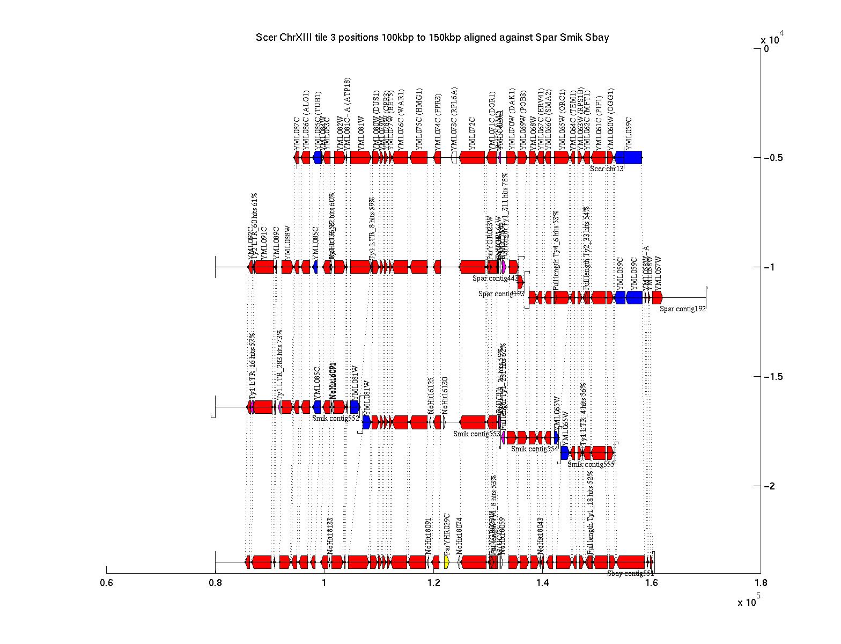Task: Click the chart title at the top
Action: [x=432, y=38]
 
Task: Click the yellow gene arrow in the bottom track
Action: [x=447, y=562]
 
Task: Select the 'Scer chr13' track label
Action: [x=607, y=169]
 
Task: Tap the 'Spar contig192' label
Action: [x=682, y=309]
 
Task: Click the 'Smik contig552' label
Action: [x=335, y=418]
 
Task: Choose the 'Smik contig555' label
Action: [x=591, y=464]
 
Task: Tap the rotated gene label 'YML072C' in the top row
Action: [x=472, y=134]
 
